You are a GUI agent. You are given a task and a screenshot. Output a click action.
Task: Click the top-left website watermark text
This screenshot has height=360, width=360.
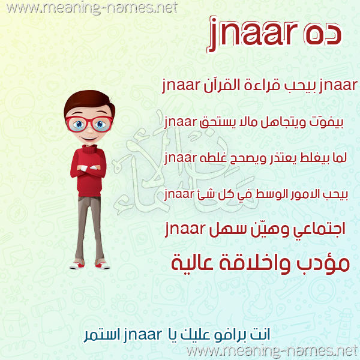(92, 8)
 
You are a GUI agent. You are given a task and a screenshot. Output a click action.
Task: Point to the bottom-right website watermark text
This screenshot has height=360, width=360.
(273, 351)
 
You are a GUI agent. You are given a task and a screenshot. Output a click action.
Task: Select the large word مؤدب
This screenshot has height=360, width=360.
(323, 263)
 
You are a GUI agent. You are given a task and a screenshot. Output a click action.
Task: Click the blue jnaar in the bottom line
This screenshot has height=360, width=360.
(143, 335)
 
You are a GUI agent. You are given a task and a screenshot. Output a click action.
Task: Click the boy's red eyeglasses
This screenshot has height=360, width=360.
(89, 124)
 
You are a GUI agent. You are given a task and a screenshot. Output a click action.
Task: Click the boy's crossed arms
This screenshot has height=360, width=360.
(89, 168)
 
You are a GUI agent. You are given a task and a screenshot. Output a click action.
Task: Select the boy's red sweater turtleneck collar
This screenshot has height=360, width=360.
(89, 149)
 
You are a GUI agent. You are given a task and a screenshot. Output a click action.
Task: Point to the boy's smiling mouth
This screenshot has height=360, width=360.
(89, 139)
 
